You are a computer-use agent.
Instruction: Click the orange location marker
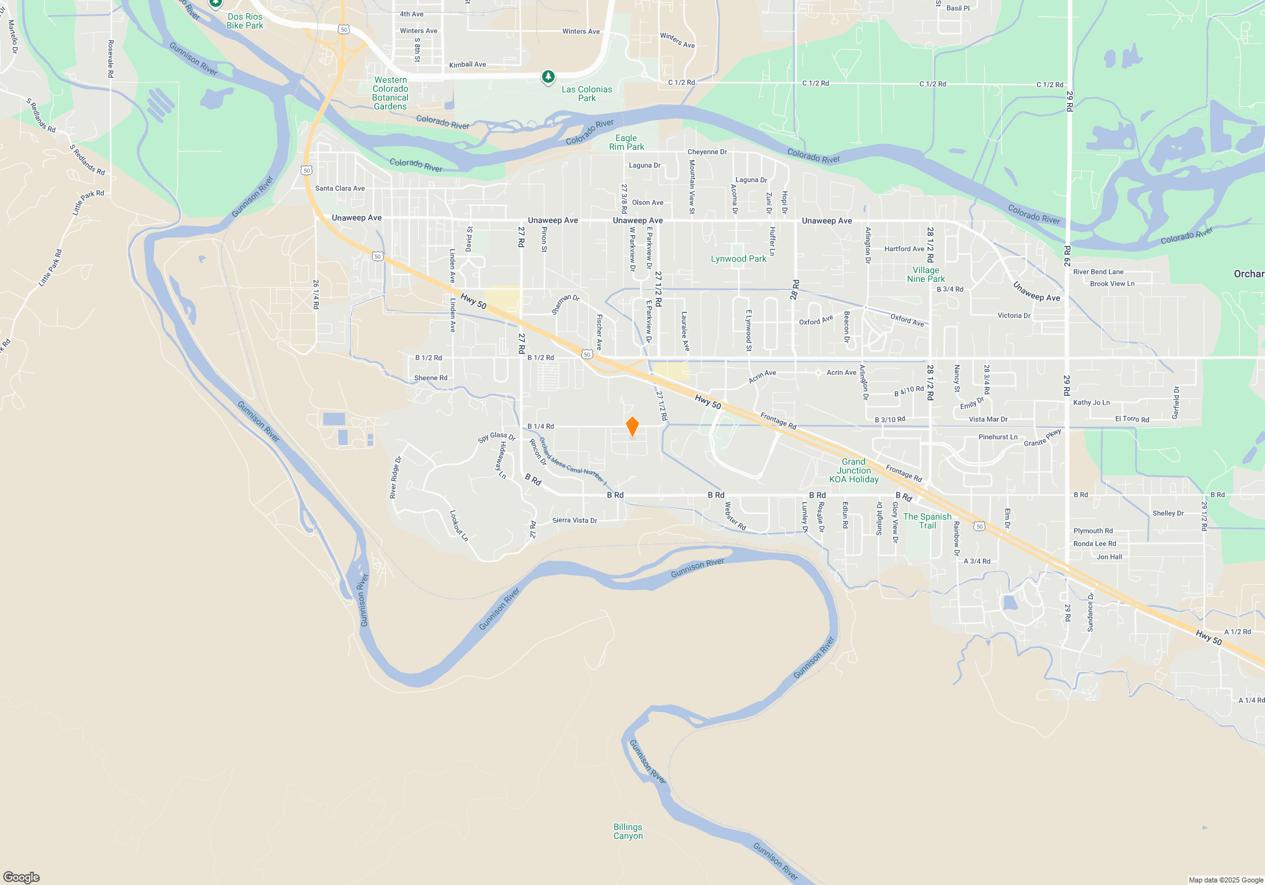click(x=632, y=427)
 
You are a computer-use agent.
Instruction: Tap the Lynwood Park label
click(x=738, y=259)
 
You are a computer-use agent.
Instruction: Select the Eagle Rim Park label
click(x=626, y=142)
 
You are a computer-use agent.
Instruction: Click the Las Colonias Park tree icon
click(x=548, y=77)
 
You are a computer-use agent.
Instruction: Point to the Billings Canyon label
click(x=627, y=831)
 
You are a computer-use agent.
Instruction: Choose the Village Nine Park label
click(x=925, y=274)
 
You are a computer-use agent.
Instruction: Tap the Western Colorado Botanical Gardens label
click(x=390, y=94)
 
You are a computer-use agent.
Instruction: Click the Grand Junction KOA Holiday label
click(x=853, y=470)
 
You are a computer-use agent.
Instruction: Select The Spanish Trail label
click(x=927, y=521)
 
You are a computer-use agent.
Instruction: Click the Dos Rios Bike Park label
click(x=245, y=21)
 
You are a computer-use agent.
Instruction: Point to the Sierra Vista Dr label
click(x=574, y=520)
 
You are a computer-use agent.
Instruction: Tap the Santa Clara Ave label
click(x=340, y=188)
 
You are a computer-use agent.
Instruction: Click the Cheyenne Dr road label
click(x=707, y=152)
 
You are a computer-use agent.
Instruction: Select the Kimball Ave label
click(x=467, y=64)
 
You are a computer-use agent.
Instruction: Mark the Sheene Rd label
click(x=431, y=378)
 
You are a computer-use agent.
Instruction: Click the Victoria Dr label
click(x=1014, y=315)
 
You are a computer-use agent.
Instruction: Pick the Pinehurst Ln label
click(x=997, y=437)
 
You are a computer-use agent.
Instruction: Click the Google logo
click(x=22, y=877)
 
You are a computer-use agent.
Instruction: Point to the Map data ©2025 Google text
click(x=1225, y=880)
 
